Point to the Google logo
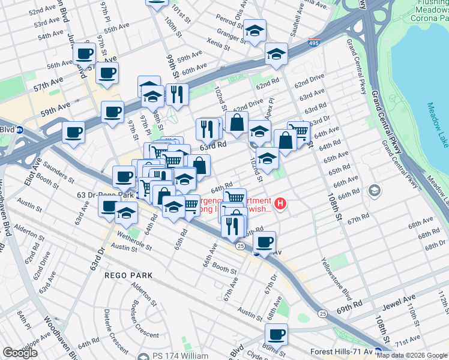pyautogui.click(x=20, y=353)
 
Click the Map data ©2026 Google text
pyautogui.click(x=412, y=355)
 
